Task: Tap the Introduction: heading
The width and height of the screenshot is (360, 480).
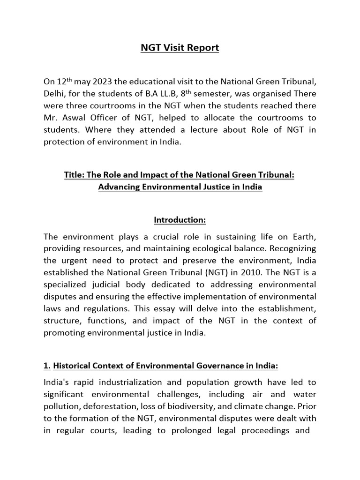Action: coord(180,220)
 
